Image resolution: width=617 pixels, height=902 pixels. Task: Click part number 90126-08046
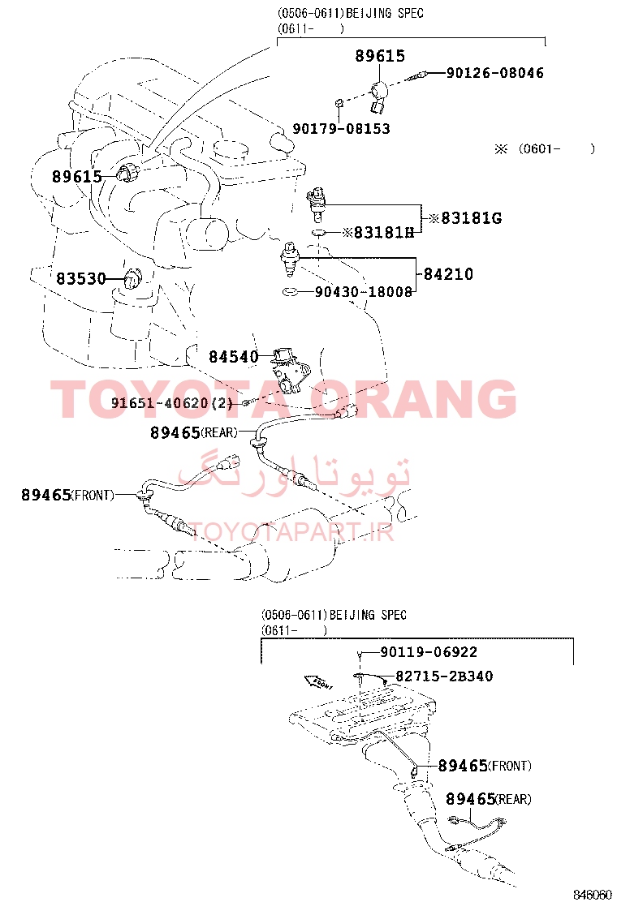[495, 73]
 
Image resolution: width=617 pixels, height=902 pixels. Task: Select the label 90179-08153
[341, 129]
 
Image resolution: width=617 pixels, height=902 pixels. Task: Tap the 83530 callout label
[81, 279]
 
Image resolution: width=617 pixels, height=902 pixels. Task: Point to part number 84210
[448, 274]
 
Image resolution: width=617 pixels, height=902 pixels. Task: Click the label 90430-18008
[364, 292]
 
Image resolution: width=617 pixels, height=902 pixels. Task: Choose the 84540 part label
[234, 357]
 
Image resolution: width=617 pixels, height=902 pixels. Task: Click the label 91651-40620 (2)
[171, 402]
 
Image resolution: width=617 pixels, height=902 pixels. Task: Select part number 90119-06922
[429, 652]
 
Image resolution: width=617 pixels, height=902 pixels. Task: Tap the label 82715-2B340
[444, 676]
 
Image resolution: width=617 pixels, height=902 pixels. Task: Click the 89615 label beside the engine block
[76, 177]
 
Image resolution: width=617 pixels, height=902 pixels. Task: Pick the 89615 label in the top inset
[380, 56]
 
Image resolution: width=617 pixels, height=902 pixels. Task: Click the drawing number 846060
[593, 895]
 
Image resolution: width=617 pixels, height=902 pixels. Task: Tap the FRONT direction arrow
[319, 682]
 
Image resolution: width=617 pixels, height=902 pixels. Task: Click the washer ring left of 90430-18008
[290, 292]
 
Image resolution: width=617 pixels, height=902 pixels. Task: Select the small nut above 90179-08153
[339, 103]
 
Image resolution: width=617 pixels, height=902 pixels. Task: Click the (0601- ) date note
[545, 149]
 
